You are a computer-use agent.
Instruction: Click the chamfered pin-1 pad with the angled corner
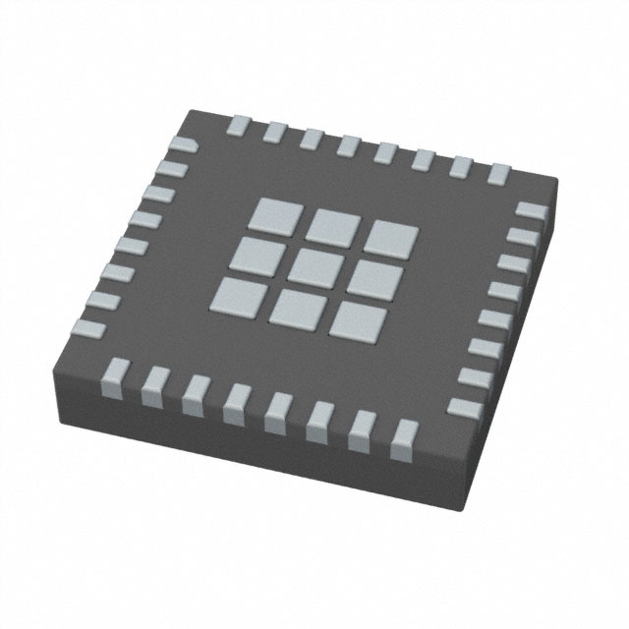pyautogui.click(x=181, y=146)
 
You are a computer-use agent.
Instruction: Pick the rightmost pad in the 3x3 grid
pyautogui.click(x=394, y=239)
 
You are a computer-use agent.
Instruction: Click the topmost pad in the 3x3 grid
pyautogui.click(x=276, y=210)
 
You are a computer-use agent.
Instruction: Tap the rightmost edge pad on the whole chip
pyautogui.click(x=532, y=210)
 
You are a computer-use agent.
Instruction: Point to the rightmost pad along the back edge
pyautogui.click(x=499, y=174)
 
